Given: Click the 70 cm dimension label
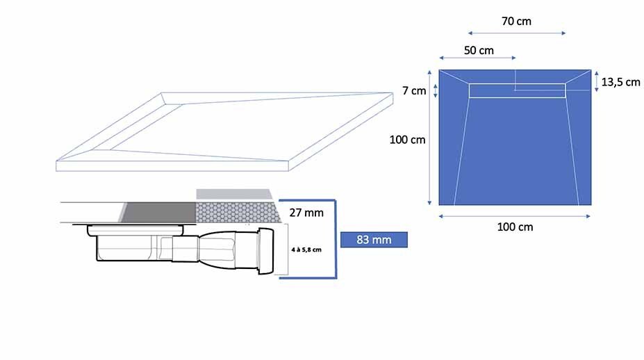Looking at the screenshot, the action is point(516,21).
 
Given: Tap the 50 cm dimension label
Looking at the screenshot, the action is point(479,51).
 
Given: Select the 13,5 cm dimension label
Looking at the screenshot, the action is point(620,82).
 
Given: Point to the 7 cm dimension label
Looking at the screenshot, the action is point(414,91).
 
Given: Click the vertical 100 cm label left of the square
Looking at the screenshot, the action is point(407,140).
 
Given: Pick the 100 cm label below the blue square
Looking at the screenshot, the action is point(515,227).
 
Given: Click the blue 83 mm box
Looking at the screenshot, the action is point(374,240).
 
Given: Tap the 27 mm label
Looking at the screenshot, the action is point(306,213).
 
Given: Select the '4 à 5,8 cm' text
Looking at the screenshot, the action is point(306,249).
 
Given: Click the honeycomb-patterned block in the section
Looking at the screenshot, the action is point(238,213).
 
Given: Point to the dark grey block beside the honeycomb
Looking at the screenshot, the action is point(158,213).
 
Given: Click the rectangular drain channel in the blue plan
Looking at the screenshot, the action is point(517,91).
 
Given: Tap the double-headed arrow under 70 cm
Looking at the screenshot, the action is point(517,33).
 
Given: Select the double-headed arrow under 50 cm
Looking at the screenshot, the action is point(477,58).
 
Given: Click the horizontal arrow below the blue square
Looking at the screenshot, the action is point(515,216).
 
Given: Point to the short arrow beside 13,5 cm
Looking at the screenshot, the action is point(596,81).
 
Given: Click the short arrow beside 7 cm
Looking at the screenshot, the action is point(436,91).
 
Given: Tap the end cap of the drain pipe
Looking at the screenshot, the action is point(266,251).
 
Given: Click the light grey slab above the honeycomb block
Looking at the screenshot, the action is point(233,195).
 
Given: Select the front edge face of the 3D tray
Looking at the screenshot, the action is point(172,166).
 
